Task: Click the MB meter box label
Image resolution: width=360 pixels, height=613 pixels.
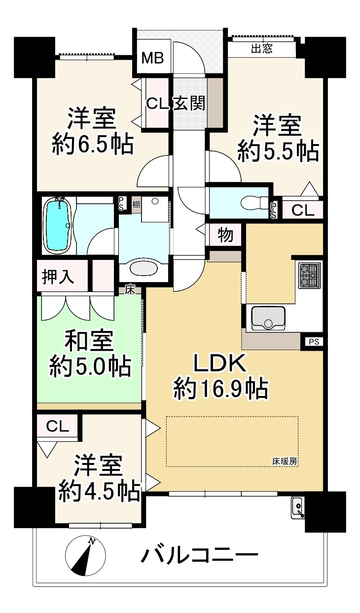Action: pos(153,58)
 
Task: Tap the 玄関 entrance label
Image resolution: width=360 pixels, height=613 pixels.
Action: pos(189,104)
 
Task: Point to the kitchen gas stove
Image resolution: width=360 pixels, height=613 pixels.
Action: pos(310,275)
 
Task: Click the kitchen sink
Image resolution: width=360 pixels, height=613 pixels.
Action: pos(268,318)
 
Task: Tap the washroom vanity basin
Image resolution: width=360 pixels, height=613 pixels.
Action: pos(144,269)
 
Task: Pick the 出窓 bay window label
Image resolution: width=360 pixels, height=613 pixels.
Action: pos(261,49)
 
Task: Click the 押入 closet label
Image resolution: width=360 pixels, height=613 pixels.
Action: pos(58,277)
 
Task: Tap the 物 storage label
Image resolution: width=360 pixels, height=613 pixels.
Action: pos(226,235)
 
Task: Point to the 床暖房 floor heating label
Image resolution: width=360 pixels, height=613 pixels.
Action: pos(285,462)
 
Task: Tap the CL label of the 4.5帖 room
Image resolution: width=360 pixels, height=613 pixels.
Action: pos(57,427)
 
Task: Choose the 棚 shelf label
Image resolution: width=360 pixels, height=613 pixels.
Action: pos(136,204)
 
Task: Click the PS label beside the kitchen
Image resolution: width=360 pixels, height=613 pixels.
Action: pos(314,342)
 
